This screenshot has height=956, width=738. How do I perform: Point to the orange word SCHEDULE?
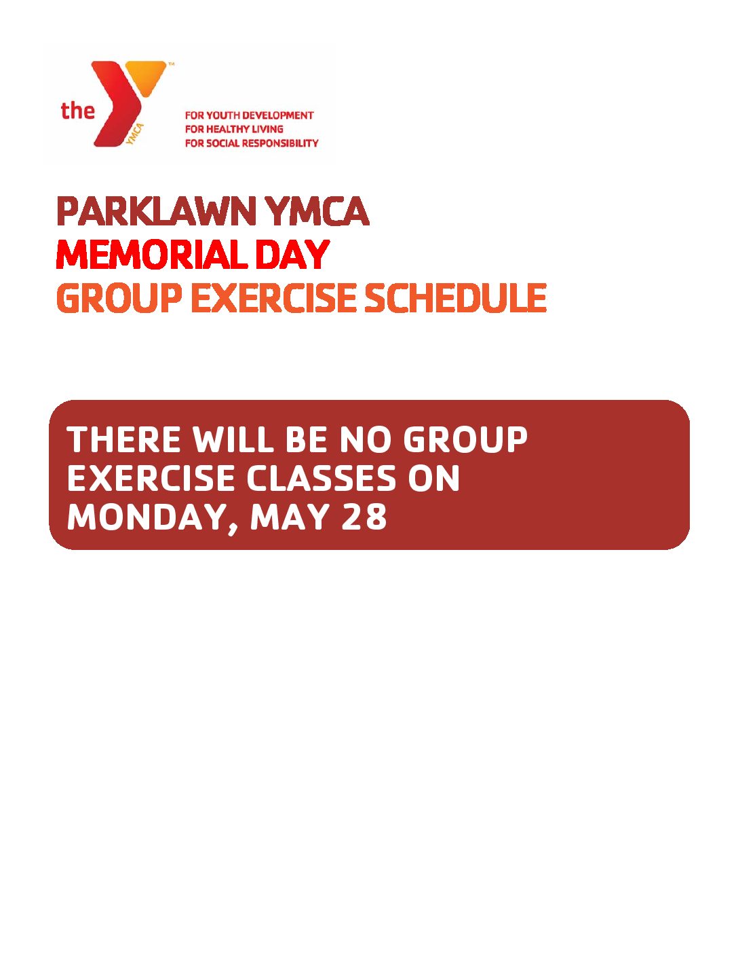click(456, 297)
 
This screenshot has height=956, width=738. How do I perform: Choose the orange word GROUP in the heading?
click(119, 297)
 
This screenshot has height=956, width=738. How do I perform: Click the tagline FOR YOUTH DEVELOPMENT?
click(249, 115)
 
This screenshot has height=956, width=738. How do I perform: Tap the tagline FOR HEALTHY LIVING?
click(234, 129)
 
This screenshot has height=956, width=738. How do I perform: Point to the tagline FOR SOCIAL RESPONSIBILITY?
click(252, 143)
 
